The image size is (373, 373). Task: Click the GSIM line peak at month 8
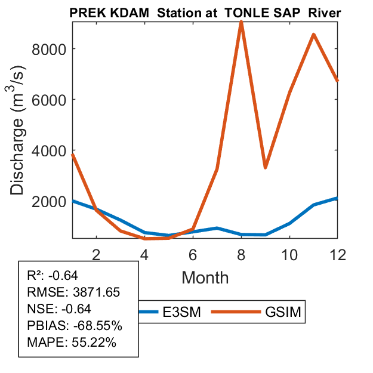tap(241, 22)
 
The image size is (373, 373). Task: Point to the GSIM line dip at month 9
tap(265, 168)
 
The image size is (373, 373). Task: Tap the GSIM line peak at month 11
tap(313, 35)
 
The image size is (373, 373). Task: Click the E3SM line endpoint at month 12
tap(337, 198)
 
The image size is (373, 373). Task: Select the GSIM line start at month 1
tap(72, 155)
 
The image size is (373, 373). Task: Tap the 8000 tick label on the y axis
tap(47, 49)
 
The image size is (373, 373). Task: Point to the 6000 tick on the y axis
tap(47, 100)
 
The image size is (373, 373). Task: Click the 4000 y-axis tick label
tap(47, 150)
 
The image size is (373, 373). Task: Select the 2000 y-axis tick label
tap(47, 201)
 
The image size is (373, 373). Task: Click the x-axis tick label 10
tap(289, 254)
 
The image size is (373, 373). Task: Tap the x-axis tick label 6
tap(193, 254)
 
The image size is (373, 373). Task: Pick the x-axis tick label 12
tap(337, 254)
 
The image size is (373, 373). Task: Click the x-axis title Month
tap(205, 277)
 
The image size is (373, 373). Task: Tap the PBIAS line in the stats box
tap(75, 326)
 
